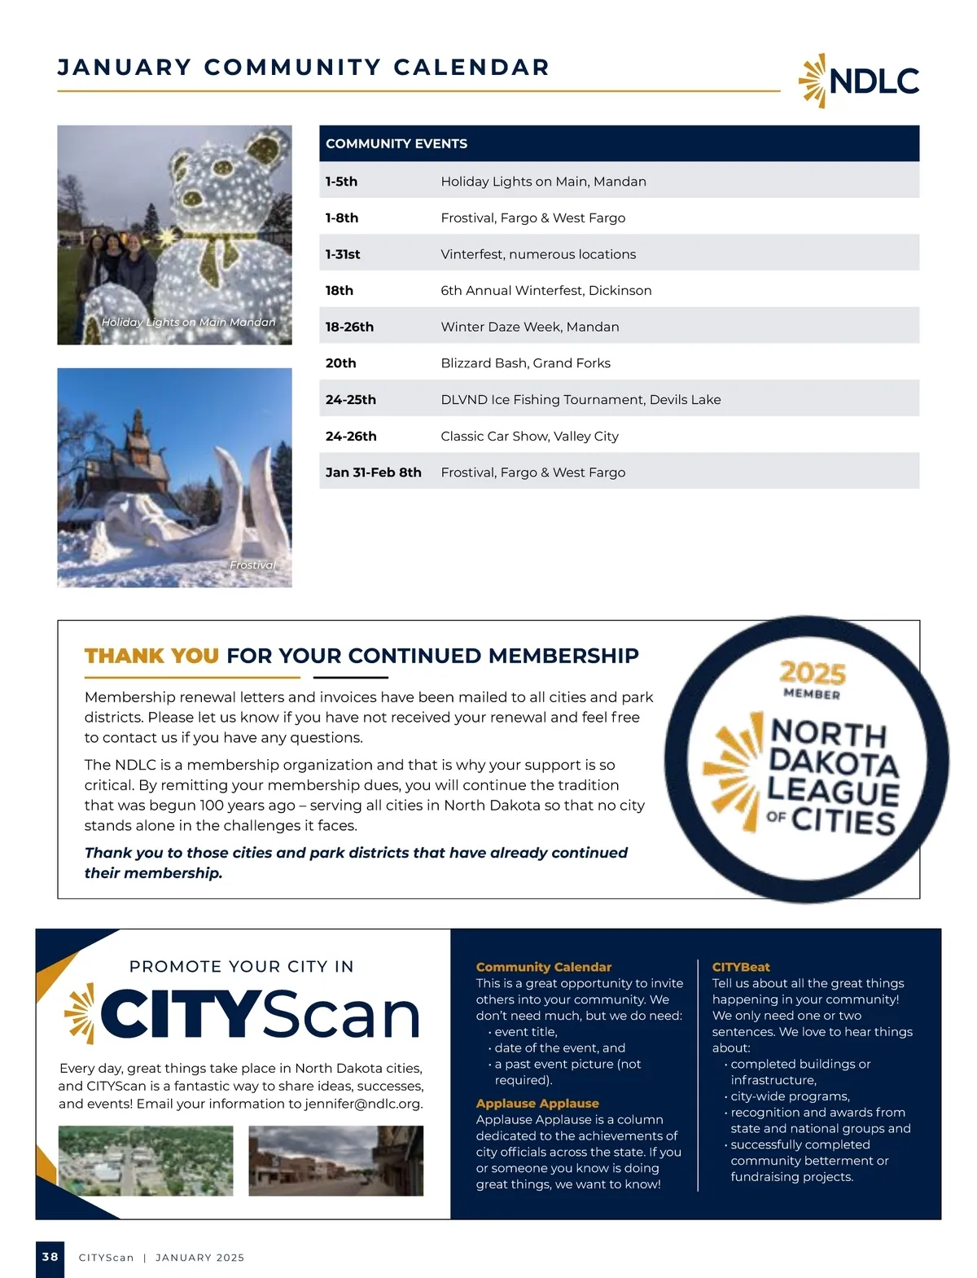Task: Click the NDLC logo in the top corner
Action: click(x=859, y=81)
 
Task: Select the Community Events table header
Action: click(x=396, y=143)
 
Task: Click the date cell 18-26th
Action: click(x=349, y=327)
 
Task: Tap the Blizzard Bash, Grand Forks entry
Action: click(x=525, y=363)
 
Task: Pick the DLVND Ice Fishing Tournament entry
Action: click(x=581, y=400)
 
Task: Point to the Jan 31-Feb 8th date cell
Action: click(x=373, y=472)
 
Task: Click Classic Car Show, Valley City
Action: click(x=529, y=437)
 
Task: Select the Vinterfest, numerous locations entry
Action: click(x=538, y=254)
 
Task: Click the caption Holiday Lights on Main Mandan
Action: click(x=188, y=323)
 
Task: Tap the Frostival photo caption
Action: click(x=252, y=565)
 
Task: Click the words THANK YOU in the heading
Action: click(x=151, y=656)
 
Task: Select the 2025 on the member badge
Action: click(x=813, y=673)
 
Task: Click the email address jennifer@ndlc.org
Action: click(x=363, y=1105)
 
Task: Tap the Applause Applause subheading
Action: click(x=537, y=1104)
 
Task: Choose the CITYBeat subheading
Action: click(x=741, y=967)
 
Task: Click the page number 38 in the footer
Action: click(x=50, y=1257)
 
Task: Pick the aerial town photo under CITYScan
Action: click(x=146, y=1161)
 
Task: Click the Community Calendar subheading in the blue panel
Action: click(x=543, y=967)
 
